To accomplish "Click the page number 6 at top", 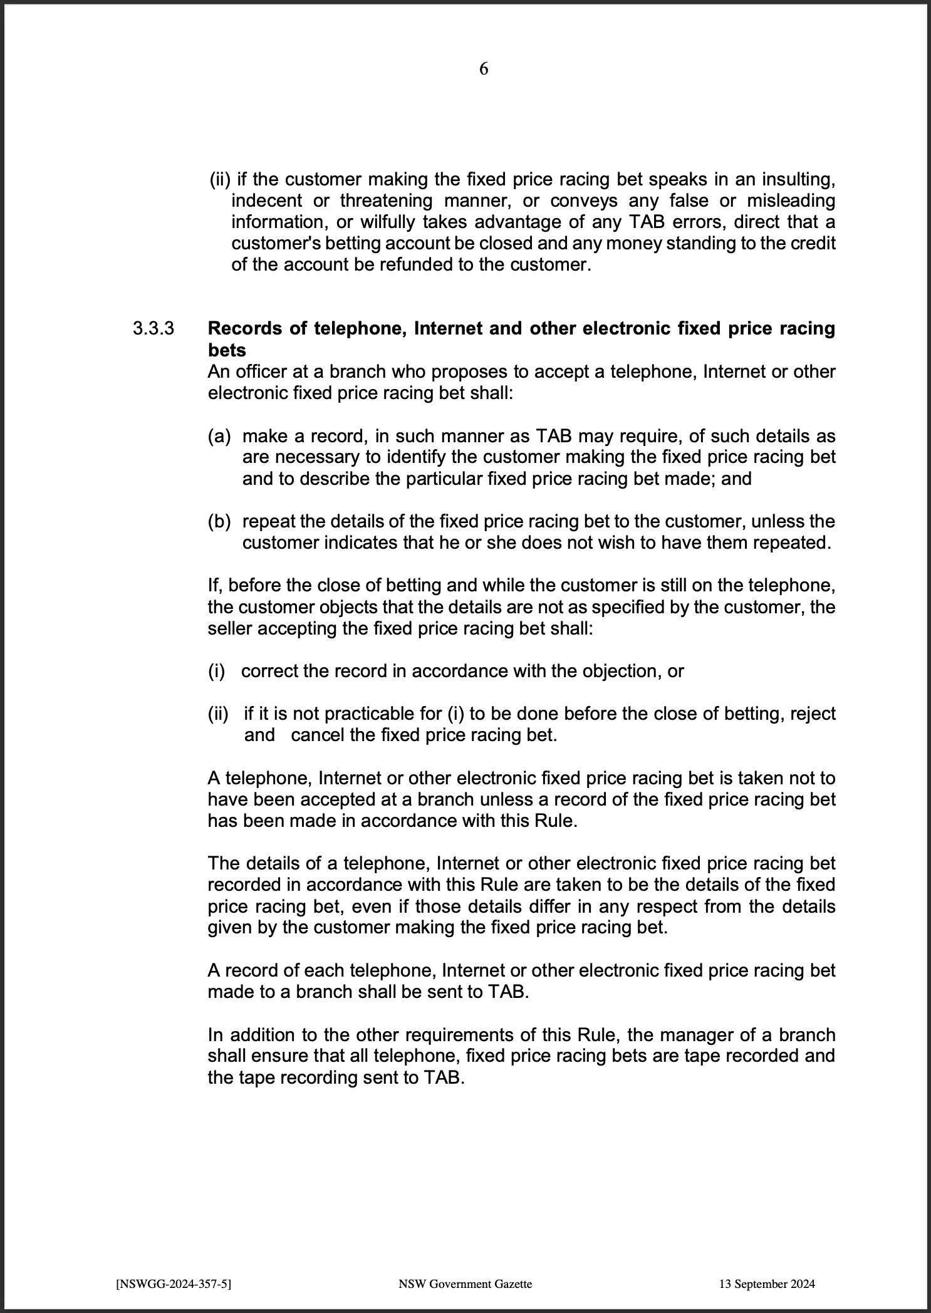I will [x=483, y=69].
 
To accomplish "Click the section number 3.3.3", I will [x=152, y=329].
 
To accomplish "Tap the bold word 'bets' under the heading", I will [x=226, y=350].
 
